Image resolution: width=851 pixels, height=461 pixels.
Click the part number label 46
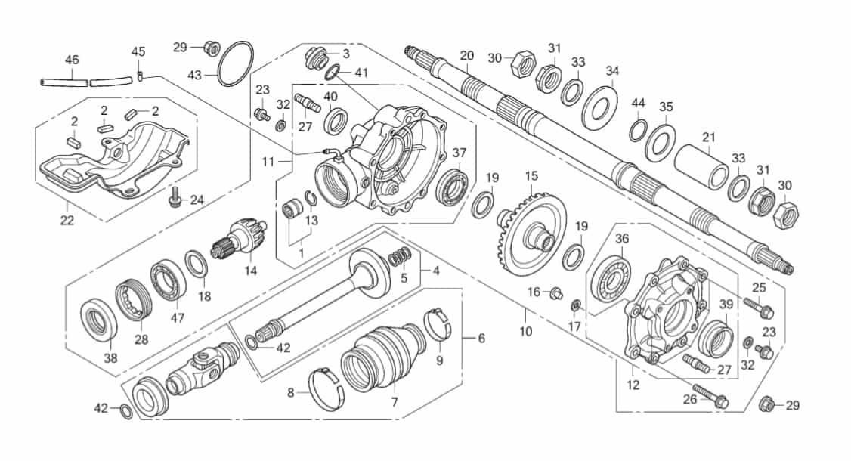72,60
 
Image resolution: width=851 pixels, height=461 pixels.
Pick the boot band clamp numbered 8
326,389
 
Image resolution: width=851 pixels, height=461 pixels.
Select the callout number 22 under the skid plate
67,221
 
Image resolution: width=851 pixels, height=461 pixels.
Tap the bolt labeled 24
175,196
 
